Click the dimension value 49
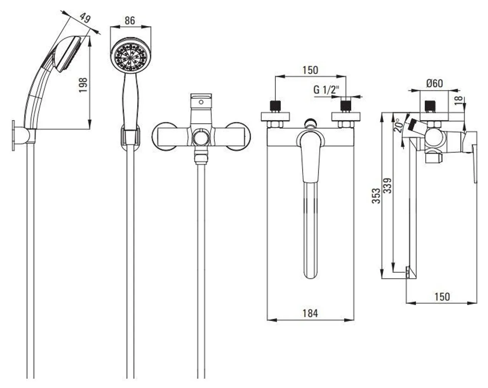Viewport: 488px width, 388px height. point(85,18)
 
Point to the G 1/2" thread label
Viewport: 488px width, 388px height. point(326,90)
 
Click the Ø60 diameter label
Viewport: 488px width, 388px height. point(434,83)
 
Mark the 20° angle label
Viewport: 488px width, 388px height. point(399,124)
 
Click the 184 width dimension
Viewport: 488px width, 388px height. point(310,313)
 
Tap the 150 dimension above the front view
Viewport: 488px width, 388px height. point(310,70)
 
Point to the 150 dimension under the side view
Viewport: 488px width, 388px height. point(442,297)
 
